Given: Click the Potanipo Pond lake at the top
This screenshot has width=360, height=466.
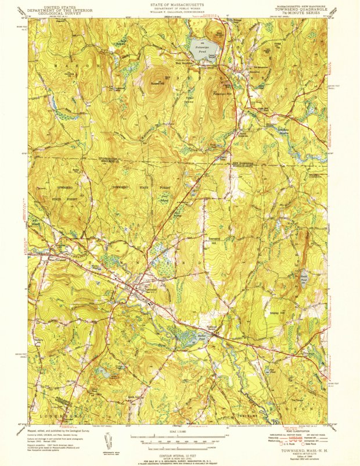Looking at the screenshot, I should pyautogui.click(x=200, y=47).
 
